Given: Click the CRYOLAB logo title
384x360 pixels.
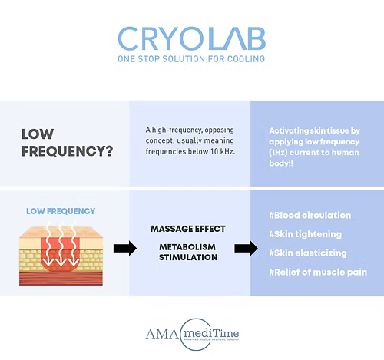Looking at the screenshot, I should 192,39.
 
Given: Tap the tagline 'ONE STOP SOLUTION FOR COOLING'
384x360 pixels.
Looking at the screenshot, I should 192,59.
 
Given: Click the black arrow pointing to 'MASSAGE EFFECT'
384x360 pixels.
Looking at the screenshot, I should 125,247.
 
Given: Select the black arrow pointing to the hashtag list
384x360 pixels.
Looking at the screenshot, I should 245,247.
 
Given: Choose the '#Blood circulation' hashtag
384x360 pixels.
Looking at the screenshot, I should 311,215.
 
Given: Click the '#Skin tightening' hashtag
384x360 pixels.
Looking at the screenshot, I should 306,233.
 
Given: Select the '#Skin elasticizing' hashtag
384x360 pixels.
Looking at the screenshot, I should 309,253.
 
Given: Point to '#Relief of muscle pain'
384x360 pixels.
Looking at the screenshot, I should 319,272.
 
